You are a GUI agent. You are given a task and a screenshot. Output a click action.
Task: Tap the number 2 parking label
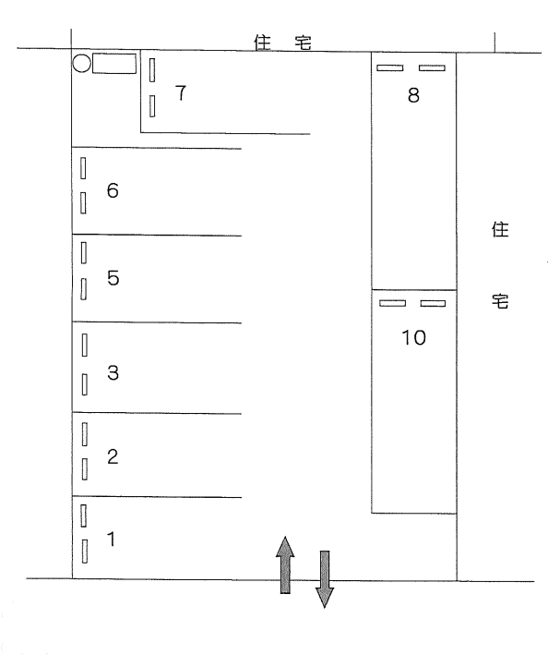(x=112, y=456)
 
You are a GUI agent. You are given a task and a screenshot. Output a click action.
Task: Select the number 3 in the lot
(x=113, y=373)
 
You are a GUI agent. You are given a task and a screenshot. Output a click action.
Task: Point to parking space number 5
(x=113, y=278)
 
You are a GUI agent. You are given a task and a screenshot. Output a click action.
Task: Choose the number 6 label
(x=113, y=191)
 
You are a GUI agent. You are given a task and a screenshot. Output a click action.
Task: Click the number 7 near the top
(x=180, y=92)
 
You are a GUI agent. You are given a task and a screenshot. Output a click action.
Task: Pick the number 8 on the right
(x=413, y=94)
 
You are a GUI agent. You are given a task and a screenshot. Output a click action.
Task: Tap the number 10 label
(x=414, y=338)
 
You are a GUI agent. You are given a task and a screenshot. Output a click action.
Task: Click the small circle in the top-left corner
(x=81, y=64)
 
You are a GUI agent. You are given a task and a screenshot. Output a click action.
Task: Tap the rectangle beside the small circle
(x=114, y=64)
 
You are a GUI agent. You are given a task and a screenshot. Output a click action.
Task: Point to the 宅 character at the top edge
(x=305, y=42)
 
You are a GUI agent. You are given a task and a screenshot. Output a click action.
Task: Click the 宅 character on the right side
(x=500, y=301)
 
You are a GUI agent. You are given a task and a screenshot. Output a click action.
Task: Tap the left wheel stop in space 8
(x=390, y=67)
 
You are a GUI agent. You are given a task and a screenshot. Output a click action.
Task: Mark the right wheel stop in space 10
(x=433, y=303)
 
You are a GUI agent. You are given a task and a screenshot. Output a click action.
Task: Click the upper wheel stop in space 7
(x=152, y=69)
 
